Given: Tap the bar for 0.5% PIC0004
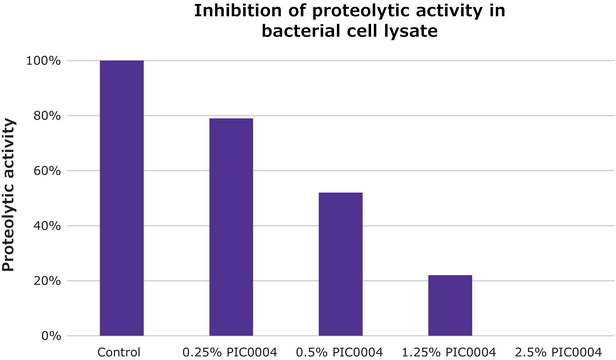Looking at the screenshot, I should (x=340, y=264).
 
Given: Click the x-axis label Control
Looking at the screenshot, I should (x=121, y=351).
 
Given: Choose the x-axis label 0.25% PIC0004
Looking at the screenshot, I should (x=230, y=351).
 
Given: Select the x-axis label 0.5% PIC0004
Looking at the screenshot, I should (x=340, y=351).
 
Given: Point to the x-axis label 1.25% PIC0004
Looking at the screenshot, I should (x=450, y=351).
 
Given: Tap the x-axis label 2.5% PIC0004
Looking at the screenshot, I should (x=559, y=351).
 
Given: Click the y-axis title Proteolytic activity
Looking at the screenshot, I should (x=10, y=196).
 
